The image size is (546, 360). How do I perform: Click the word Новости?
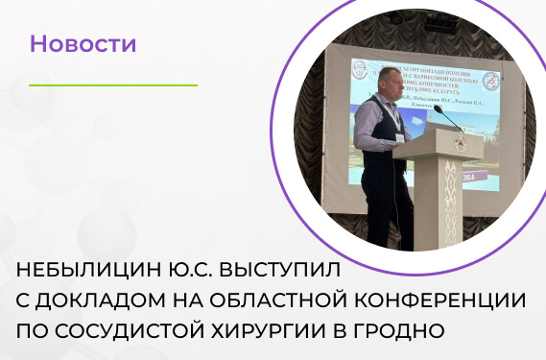(83, 44)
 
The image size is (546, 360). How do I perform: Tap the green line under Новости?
(85, 84)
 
